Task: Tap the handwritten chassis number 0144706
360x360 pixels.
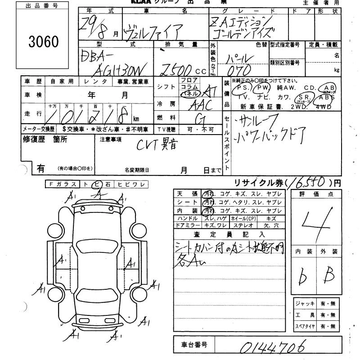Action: [x=273, y=346]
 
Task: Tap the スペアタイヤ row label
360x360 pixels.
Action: [x=305, y=326]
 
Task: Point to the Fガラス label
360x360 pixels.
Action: [x=63, y=184]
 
